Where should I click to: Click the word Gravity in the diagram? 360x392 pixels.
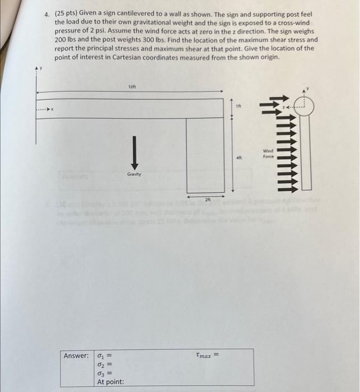coord(134,174)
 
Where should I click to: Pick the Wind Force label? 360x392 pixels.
coord(269,153)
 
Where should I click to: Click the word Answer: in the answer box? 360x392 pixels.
coord(76,356)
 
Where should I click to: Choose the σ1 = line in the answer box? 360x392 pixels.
coord(106,356)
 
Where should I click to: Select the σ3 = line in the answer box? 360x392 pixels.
coord(106,374)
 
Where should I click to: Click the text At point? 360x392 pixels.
coord(111,382)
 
